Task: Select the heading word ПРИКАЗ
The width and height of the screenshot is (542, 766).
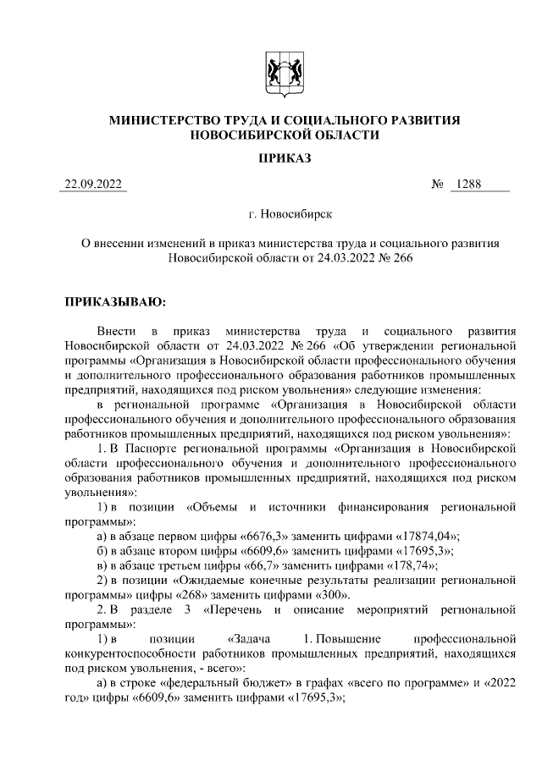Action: [x=285, y=158]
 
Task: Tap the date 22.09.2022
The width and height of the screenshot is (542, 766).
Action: [x=93, y=184]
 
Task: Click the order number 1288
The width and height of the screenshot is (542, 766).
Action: [x=467, y=184]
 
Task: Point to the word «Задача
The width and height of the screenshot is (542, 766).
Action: [x=249, y=636]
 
